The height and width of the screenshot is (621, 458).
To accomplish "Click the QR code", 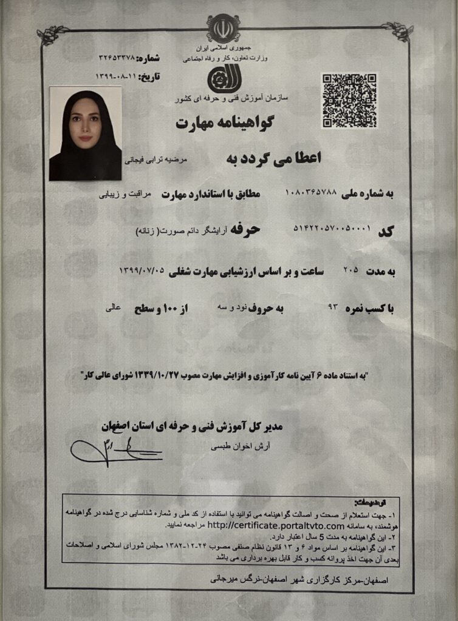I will coord(349,101).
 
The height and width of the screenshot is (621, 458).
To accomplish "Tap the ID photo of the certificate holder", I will coord(85,133).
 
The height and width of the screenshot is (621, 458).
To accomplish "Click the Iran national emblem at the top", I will coord(223,27).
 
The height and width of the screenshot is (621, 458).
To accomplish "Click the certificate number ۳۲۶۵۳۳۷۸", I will coord(117,58).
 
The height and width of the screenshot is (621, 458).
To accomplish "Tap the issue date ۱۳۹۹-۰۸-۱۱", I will coord(117,76).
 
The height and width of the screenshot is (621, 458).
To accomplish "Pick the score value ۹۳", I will coord(332,308).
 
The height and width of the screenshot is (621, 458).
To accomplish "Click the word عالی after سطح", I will coord(113,308).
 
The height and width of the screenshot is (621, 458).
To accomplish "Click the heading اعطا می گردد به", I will coord(273,157).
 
